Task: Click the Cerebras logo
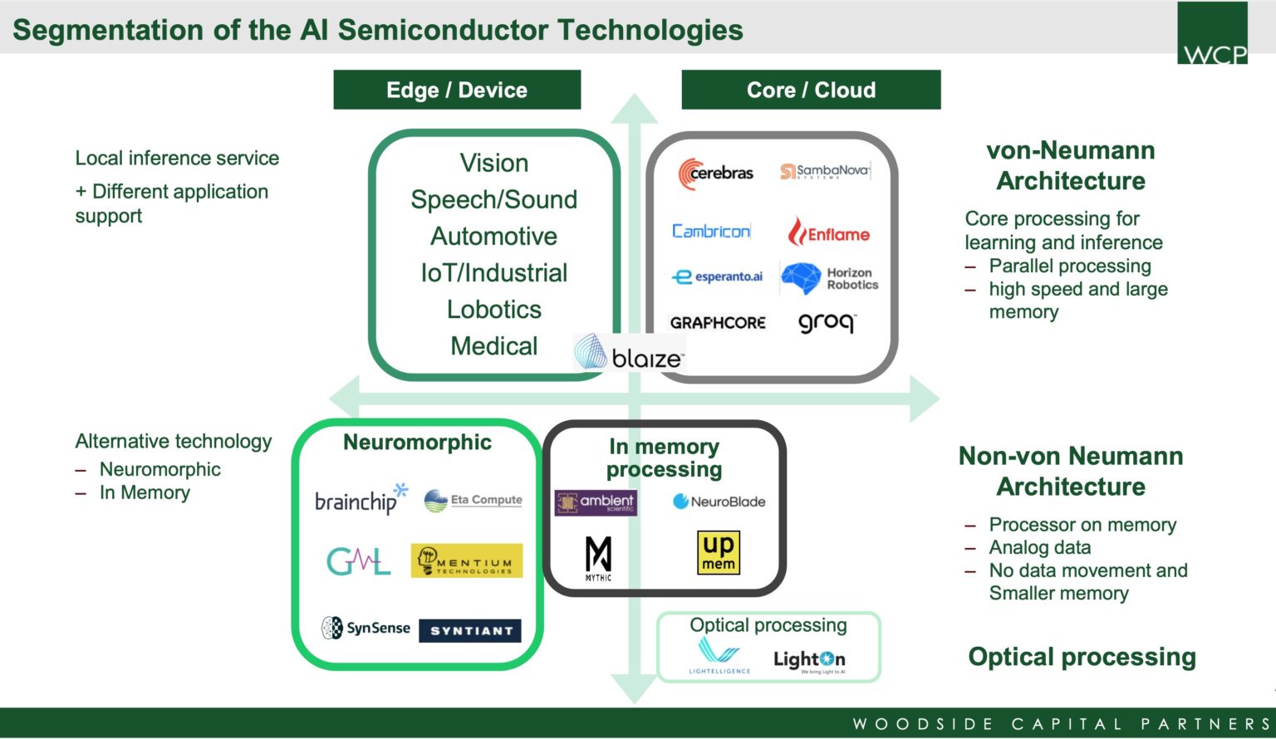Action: [x=715, y=174]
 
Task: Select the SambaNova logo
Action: [x=825, y=172]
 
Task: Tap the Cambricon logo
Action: [x=711, y=231]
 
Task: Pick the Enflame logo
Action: [x=828, y=232]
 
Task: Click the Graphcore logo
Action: [x=718, y=323]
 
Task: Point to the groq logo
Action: [x=827, y=322]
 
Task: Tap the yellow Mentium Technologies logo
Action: [x=466, y=561]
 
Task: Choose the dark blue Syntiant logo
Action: [x=470, y=631]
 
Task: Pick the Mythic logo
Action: [x=598, y=558]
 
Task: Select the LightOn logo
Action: [x=809, y=660]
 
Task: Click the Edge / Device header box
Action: [x=457, y=90]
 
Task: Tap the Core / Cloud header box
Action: [x=811, y=90]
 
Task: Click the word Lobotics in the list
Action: [x=494, y=310]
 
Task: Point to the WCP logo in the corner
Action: [x=1212, y=33]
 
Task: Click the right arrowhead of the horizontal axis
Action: [x=925, y=399]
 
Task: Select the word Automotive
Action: [x=494, y=237]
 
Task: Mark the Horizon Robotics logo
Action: [x=829, y=279]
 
